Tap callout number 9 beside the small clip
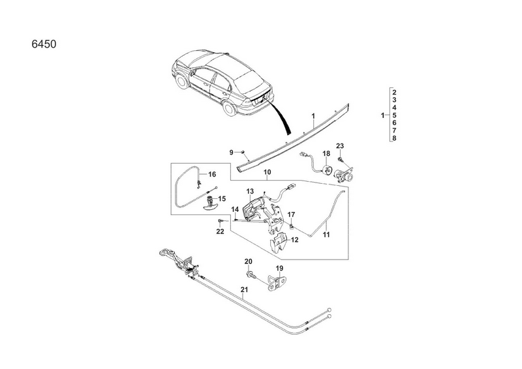pyautogui.click(x=231, y=152)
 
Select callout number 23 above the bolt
pyautogui.click(x=339, y=145)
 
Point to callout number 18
pyautogui.click(x=326, y=154)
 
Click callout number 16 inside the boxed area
pyautogui.click(x=211, y=175)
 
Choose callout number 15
pyautogui.click(x=222, y=198)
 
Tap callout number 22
pyautogui.click(x=220, y=231)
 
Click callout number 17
pyautogui.click(x=292, y=214)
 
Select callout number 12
pyautogui.click(x=294, y=240)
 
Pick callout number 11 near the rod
pyautogui.click(x=327, y=233)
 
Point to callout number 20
pyautogui.click(x=248, y=261)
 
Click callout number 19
pyautogui.click(x=279, y=268)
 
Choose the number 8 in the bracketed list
pyautogui.click(x=395, y=138)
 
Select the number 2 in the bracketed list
pyautogui.click(x=395, y=92)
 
